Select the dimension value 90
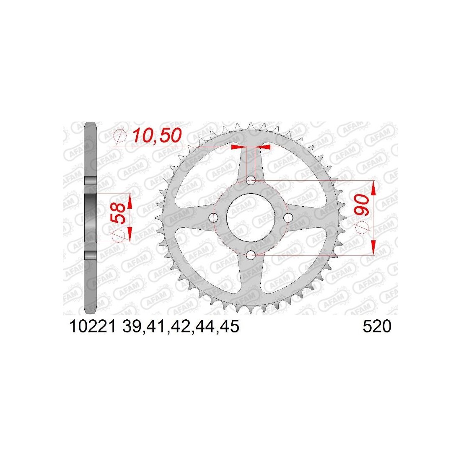361,205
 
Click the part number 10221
93,326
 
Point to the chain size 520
377,326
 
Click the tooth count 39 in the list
132,326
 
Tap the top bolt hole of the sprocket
251,180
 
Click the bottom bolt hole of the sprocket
251,255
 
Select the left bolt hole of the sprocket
213,218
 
